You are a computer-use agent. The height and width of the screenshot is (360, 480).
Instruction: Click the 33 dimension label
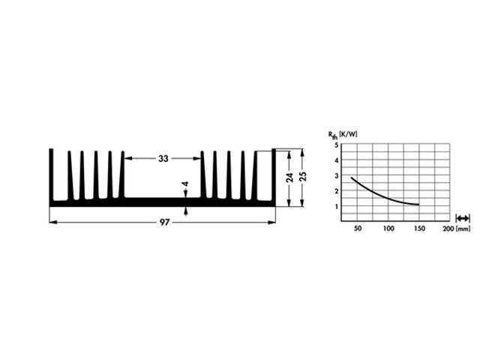coord(163,158)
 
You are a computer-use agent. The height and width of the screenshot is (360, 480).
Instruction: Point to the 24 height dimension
coord(288,178)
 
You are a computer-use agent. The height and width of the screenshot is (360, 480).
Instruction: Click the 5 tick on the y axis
coord(337,145)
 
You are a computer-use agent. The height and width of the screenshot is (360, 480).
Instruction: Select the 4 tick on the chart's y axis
coord(337,160)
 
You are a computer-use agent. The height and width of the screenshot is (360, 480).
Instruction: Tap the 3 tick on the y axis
coord(337,175)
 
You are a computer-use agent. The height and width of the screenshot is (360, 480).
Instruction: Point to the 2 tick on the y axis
coord(337,191)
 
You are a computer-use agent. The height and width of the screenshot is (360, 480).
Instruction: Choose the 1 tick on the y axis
coord(337,206)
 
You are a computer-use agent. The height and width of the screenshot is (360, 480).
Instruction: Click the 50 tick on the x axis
coord(357,227)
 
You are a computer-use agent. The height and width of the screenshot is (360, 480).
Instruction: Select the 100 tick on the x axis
coord(388,227)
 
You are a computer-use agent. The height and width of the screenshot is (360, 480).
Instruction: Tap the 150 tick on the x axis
coord(418,227)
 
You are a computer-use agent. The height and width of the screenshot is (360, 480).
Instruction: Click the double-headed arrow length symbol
coord(463,217)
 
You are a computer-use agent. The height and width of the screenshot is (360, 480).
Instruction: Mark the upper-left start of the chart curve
coord(352,178)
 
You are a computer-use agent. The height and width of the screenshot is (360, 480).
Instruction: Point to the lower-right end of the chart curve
coord(418,205)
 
